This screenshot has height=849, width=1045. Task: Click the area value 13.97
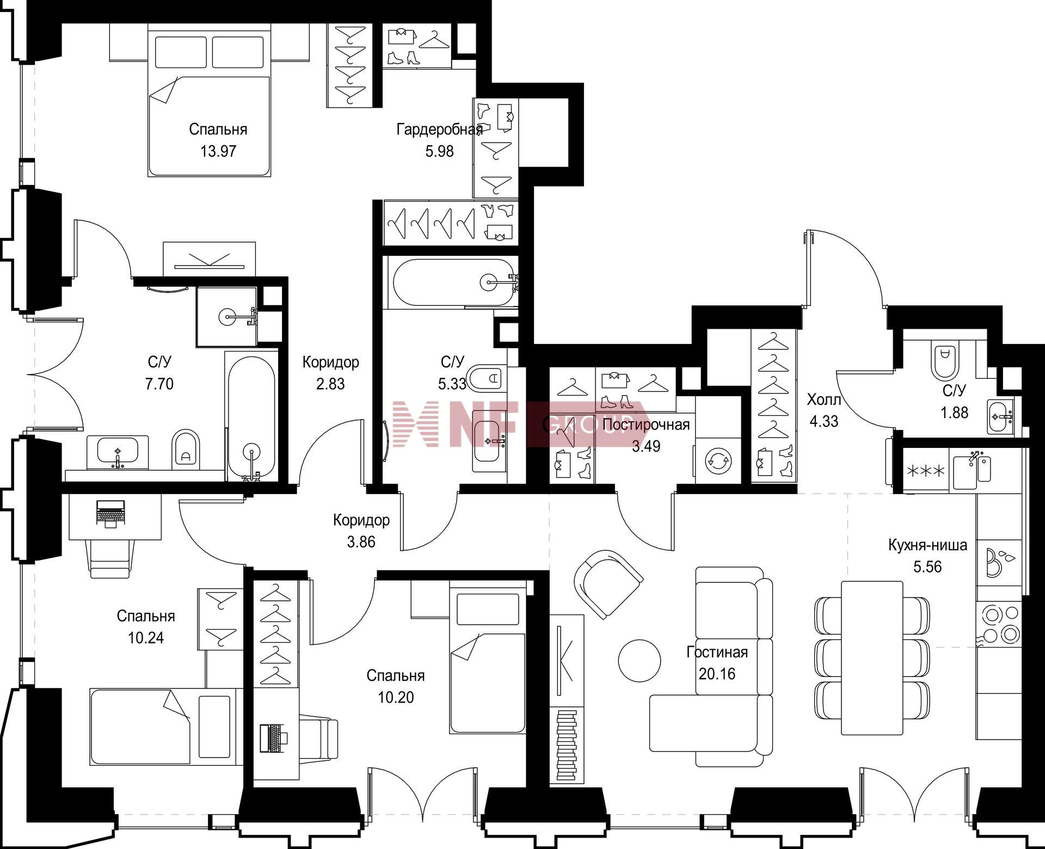218,151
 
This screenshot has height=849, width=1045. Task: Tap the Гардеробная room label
439,130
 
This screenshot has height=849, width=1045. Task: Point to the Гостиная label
717,652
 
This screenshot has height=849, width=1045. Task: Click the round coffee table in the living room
640,660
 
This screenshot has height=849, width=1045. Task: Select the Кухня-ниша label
927,545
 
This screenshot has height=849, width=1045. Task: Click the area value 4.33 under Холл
824,421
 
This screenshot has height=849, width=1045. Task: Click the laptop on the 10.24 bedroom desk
110,513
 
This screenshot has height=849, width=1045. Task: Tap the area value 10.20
396,697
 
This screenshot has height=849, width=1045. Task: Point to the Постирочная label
646,424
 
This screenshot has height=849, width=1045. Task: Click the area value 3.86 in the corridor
361,542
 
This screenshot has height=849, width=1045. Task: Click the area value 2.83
330,384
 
